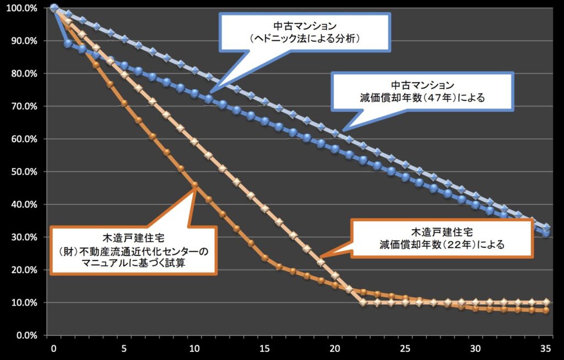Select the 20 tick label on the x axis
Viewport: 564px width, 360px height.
(335, 348)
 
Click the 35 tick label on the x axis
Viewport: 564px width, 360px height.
(546, 348)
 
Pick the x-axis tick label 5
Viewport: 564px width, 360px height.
(124, 348)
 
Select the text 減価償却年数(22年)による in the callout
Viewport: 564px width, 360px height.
(442, 243)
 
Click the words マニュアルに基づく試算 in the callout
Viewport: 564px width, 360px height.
(132, 263)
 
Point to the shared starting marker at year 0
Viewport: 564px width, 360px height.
(54, 8)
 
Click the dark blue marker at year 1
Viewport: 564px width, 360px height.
(68, 43)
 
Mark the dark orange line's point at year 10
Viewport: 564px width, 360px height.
(194, 185)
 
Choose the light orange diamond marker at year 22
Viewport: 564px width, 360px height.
(363, 302)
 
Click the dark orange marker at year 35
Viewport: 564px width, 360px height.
(546, 310)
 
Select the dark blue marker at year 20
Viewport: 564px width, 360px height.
(335, 149)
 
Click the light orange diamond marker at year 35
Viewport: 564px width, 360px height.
(546, 302)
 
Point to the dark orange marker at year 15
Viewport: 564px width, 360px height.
(264, 258)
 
